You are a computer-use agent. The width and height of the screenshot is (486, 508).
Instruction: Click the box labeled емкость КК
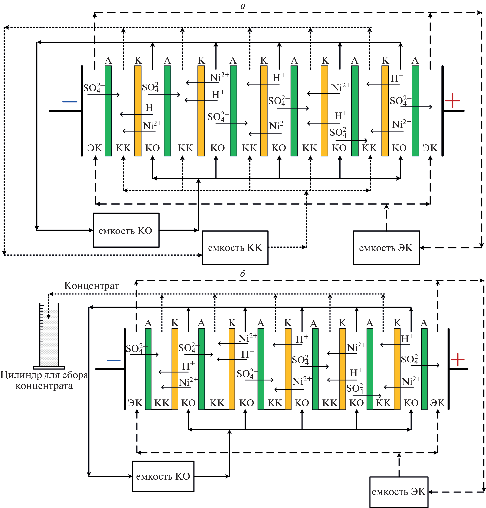pyautogui.click(x=235, y=247)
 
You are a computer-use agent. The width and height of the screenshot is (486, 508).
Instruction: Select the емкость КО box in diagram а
pyautogui.click(x=126, y=230)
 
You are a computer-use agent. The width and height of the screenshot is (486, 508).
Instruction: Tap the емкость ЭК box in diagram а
pyautogui.click(x=386, y=248)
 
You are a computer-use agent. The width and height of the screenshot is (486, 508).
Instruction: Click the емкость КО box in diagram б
pyautogui.click(x=163, y=476)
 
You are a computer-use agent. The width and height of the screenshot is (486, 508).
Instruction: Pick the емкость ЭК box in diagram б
pyautogui.click(x=399, y=492)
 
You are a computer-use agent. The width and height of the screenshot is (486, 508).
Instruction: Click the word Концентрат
pyautogui.click(x=92, y=285)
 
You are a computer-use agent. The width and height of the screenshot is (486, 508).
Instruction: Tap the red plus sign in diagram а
pyautogui.click(x=452, y=100)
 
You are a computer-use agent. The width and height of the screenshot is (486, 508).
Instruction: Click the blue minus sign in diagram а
pyautogui.click(x=69, y=102)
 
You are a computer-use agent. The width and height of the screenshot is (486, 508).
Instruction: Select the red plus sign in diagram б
pyautogui.click(x=458, y=360)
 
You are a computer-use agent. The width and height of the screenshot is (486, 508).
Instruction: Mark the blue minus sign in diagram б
pyautogui.click(x=113, y=360)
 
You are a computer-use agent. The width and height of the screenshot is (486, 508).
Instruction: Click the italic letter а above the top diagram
pyautogui.click(x=243, y=6)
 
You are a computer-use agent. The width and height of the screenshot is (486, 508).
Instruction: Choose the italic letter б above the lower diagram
pyautogui.click(x=242, y=273)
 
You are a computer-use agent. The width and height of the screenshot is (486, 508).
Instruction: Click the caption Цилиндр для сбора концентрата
pyautogui.click(x=44, y=380)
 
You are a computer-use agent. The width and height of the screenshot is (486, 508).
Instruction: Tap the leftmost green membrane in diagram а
pyautogui.click(x=108, y=111)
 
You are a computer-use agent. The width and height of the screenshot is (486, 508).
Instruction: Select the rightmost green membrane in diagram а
pyautogui.click(x=415, y=111)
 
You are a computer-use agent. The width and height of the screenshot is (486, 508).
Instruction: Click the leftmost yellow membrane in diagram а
pyautogui.click(x=138, y=111)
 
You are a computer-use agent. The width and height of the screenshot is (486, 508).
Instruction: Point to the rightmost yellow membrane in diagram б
pyautogui.click(x=397, y=369)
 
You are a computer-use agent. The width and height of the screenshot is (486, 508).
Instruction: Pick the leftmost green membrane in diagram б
pyautogui.click(x=148, y=369)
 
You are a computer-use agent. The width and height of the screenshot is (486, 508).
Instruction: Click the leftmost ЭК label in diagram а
pyautogui.click(x=95, y=148)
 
